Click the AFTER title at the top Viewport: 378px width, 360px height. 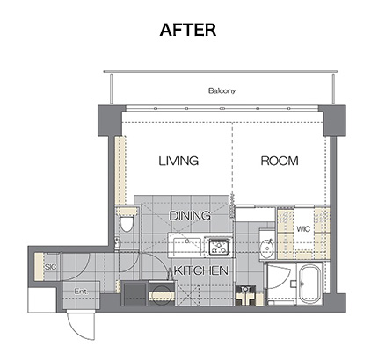(188, 30)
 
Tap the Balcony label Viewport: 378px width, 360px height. (222, 90)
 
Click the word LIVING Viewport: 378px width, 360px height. (178, 161)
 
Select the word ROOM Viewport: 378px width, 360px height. (280, 161)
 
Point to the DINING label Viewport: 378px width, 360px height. (190, 216)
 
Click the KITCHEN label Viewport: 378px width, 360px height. (201, 270)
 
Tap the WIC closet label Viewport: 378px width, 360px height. (303, 228)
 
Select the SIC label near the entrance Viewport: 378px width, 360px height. (50, 267)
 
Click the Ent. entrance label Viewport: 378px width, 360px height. (81, 292)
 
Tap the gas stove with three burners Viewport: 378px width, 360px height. (220, 247)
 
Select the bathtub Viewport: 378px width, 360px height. (310, 284)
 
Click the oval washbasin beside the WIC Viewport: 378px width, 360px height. (266, 248)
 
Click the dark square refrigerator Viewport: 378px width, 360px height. (134, 294)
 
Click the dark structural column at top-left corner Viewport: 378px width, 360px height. (110, 121)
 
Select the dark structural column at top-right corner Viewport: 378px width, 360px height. (334, 121)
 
